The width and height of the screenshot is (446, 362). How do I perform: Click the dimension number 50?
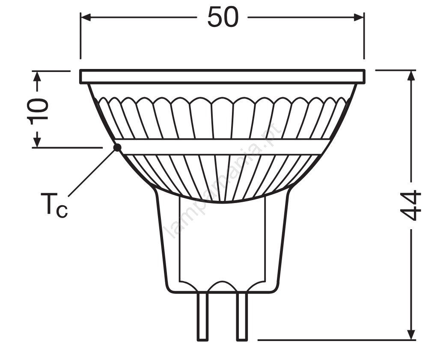click(223, 18)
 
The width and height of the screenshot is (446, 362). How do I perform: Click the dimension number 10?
click(38, 111)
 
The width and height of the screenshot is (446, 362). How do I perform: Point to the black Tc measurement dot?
click(117, 147)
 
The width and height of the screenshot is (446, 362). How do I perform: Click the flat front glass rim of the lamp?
click(223, 76)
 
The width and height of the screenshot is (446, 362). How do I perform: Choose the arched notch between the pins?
click(223, 285)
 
